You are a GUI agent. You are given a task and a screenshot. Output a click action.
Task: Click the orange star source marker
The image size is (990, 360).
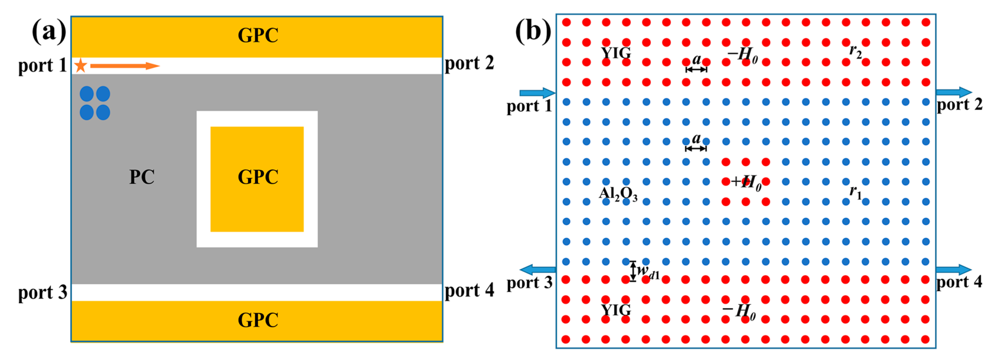80,66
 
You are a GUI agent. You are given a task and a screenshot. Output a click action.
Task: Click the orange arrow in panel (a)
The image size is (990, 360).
125,66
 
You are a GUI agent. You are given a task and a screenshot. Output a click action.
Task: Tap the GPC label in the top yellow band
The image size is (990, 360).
258,36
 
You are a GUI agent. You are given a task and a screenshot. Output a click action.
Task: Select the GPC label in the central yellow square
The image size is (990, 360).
258,177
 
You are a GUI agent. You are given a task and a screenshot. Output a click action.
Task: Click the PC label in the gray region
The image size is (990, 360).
142,177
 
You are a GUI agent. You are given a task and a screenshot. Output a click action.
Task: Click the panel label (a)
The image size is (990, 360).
49,32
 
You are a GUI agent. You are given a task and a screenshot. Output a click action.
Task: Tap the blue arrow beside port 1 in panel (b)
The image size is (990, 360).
537,93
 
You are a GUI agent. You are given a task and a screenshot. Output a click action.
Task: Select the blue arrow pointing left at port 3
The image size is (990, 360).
537,269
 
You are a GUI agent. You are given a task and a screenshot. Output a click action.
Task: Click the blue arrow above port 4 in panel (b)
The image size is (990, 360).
953,269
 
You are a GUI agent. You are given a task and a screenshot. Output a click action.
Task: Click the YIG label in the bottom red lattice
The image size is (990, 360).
616,310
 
